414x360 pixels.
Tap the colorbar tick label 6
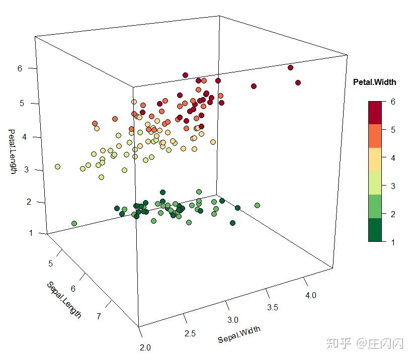pyautogui.click(x=393, y=102)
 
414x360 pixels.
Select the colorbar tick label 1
pyautogui.click(x=393, y=242)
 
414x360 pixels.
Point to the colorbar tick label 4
pyautogui.click(x=393, y=158)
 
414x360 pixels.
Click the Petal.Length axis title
pyautogui.click(x=12, y=151)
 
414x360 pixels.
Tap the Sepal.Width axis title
pyautogui.click(x=239, y=335)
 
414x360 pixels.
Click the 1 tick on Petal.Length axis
pyautogui.click(x=20, y=233)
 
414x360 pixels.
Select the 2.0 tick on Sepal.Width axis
pyautogui.click(x=146, y=347)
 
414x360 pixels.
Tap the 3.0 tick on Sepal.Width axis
pyautogui.click(x=232, y=320)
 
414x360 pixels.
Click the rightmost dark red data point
pyautogui.click(x=298, y=82)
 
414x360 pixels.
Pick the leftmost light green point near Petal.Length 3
pyautogui.click(x=58, y=166)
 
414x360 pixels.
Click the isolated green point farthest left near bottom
pyautogui.click(x=74, y=223)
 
